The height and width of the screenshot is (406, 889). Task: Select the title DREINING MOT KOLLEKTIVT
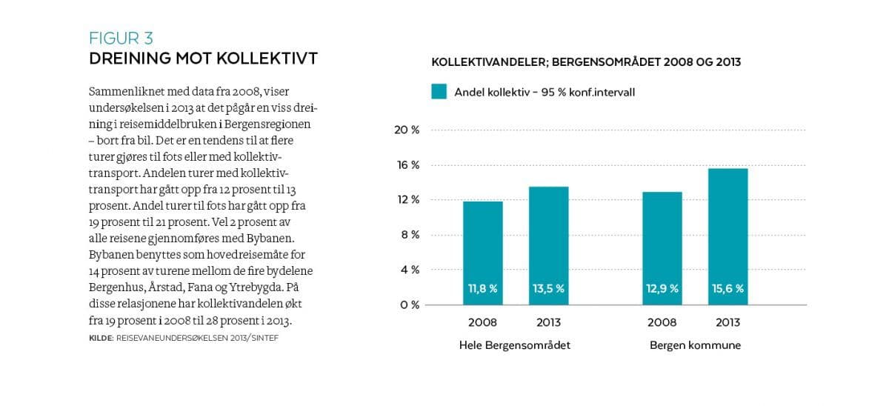point(203,59)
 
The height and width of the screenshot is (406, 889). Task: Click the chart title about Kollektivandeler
point(586,62)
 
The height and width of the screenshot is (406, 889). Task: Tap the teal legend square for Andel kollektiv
point(439,92)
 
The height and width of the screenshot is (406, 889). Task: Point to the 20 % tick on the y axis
point(407,130)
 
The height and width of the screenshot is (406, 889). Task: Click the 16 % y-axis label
point(407,165)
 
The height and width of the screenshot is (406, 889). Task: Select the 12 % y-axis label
point(407,200)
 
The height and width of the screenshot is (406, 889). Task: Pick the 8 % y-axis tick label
point(410,235)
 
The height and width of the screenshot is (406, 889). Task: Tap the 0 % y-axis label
point(410,304)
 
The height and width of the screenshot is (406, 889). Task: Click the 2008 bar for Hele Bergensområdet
point(483,244)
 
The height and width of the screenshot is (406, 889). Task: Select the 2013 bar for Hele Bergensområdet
point(548,237)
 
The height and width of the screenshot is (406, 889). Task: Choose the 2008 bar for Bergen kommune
point(662,241)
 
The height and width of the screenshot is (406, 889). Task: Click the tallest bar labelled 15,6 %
point(727,230)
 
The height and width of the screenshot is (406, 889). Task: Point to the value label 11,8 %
point(483,289)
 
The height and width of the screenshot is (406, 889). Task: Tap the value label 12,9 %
point(662,289)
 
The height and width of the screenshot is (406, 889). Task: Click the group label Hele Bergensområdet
point(515,345)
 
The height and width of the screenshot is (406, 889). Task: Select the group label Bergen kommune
point(695,345)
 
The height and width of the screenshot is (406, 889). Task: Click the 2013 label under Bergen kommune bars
point(727,322)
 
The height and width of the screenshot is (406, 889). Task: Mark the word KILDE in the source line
point(100,338)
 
